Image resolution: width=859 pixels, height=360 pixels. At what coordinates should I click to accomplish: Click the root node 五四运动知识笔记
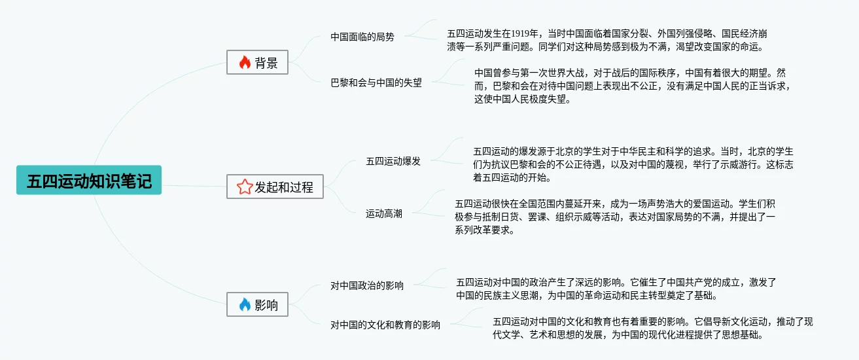[89, 181]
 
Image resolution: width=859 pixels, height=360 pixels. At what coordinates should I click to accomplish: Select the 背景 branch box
[257, 62]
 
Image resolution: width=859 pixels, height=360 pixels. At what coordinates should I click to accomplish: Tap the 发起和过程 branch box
[275, 187]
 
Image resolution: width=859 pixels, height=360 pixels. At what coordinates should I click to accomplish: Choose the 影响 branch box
[257, 304]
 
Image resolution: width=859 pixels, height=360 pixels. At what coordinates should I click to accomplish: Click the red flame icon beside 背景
[245, 62]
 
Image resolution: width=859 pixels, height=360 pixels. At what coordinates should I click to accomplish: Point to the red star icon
[244, 187]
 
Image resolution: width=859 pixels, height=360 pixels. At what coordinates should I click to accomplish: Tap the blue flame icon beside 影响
[245, 304]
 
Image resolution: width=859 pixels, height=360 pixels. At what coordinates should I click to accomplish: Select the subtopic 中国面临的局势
[362, 37]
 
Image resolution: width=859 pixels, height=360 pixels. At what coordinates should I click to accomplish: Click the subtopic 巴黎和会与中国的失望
[376, 82]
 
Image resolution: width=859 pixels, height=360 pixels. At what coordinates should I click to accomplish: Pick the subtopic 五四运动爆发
[393, 161]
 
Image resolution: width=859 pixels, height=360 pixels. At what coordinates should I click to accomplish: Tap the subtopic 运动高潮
[384, 213]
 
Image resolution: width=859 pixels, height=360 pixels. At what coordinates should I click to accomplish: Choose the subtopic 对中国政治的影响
[367, 285]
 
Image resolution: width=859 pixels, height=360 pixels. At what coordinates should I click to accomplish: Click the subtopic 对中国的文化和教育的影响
[385, 325]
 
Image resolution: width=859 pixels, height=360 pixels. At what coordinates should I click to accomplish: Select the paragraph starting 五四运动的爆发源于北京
[633, 164]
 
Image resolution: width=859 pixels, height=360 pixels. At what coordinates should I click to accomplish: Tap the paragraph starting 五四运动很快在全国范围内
[615, 217]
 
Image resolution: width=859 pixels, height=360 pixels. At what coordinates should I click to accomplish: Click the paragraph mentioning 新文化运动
[652, 328]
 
